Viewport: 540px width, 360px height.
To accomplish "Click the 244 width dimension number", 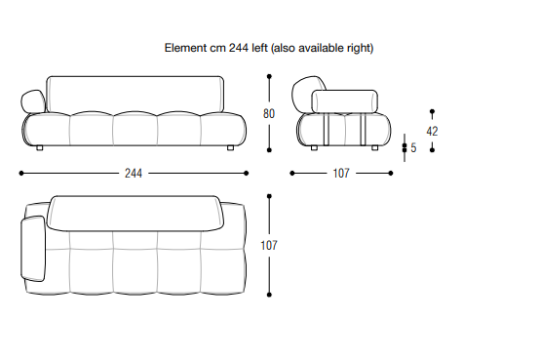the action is click(x=134, y=173).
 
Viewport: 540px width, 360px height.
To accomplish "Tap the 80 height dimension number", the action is click(x=269, y=113).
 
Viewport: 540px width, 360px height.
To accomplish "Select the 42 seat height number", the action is click(x=432, y=131).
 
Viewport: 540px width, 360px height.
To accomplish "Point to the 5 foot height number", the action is click(x=413, y=148).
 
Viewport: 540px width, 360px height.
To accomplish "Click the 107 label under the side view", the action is click(x=341, y=173).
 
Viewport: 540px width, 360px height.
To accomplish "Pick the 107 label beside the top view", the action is click(x=269, y=245).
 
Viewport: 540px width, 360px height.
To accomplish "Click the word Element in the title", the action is click(x=185, y=48).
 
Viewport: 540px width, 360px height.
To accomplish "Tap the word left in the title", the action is click(x=259, y=48).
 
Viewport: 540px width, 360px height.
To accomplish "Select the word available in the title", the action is click(x=321, y=48).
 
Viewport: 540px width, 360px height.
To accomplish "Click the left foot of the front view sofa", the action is click(x=40, y=148).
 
